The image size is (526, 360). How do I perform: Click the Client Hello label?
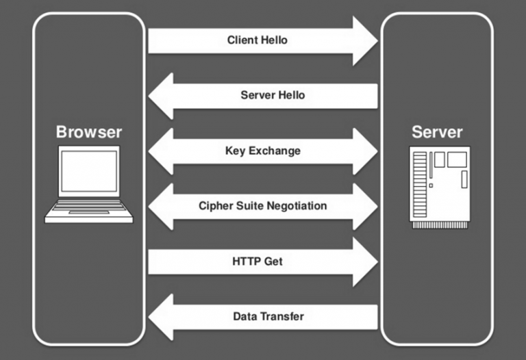point(257,40)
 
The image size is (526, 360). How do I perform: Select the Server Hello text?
point(273,95)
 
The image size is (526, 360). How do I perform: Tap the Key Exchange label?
point(262,151)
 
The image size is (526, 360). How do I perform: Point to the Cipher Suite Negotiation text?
point(262,205)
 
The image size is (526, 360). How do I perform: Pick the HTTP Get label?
point(257,261)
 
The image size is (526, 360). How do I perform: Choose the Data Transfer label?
point(268,316)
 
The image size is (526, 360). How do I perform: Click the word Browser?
point(89,132)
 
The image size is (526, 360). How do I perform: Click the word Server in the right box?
point(437,132)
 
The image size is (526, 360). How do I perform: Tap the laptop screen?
point(88,171)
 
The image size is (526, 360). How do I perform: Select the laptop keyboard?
point(88,207)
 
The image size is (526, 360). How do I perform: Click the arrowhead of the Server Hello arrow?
point(162,96)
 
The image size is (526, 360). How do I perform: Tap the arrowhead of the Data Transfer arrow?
point(162,317)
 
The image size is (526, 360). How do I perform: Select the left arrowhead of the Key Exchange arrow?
point(162,151)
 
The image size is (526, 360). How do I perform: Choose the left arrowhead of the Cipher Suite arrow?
point(162,206)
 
